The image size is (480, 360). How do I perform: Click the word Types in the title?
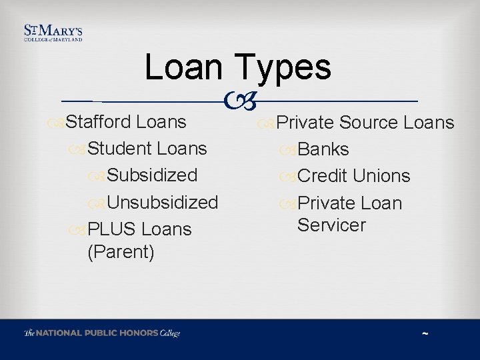282,68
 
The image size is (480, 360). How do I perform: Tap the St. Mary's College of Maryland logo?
53,33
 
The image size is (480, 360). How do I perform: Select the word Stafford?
98,122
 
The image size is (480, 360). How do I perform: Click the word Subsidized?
152,175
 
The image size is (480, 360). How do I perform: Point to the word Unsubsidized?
162,202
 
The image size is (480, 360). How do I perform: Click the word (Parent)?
121,252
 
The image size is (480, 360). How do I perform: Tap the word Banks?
323,149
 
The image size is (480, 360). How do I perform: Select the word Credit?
323,176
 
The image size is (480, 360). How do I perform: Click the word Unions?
381,176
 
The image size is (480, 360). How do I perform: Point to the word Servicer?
331,225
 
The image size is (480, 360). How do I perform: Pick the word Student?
117,149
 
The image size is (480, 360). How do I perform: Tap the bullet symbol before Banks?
289,150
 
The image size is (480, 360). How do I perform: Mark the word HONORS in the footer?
139,333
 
